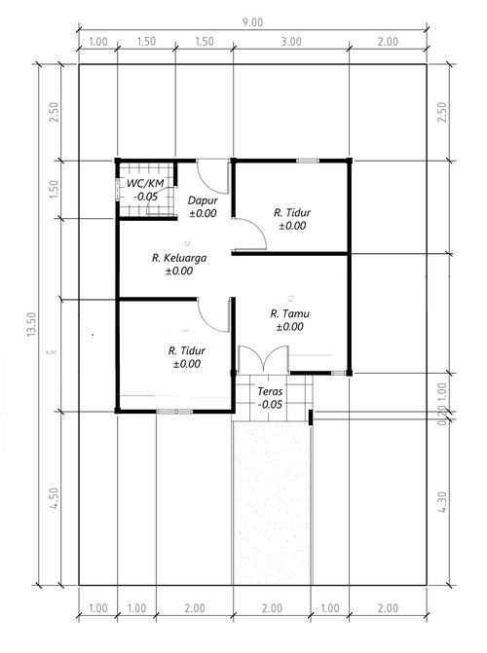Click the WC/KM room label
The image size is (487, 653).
(x=147, y=183)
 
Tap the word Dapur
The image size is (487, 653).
(x=203, y=200)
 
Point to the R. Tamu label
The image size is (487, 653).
(x=290, y=313)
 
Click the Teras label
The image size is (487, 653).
(x=271, y=391)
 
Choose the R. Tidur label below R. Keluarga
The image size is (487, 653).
(x=186, y=350)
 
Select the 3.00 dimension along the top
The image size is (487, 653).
(x=290, y=41)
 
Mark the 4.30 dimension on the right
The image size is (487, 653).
(x=445, y=503)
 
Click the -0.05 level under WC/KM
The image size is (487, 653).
(x=147, y=196)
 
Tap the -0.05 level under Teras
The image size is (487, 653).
(x=271, y=404)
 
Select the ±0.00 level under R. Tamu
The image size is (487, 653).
(x=290, y=327)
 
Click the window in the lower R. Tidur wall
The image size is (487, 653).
(x=174, y=412)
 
